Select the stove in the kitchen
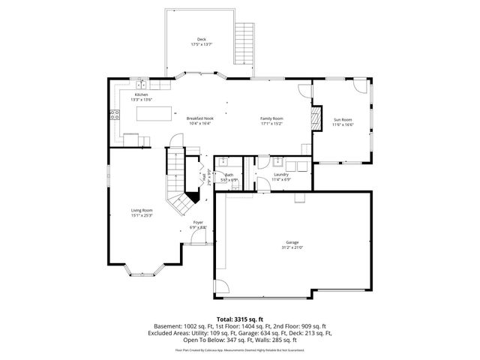click(x=115, y=115)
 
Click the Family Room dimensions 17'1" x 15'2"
click(x=271, y=124)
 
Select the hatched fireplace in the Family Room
click(x=316, y=118)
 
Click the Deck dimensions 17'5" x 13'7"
click(x=201, y=44)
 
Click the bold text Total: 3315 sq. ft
click(x=239, y=319)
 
